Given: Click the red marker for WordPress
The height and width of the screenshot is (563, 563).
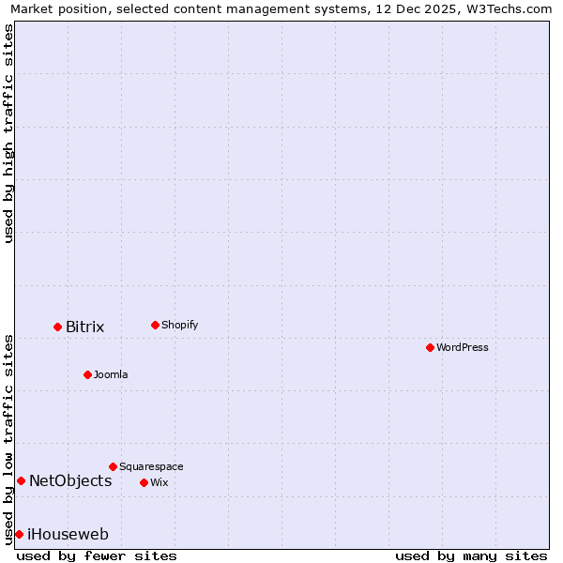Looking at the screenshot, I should point(430,347).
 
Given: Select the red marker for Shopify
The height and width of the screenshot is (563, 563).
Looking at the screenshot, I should point(155,325).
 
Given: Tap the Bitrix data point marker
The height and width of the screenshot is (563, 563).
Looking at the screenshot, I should point(57,327).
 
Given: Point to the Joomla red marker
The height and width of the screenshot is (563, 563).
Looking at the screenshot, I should point(87,374).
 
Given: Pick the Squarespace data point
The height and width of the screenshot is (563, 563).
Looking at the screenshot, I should point(113,466).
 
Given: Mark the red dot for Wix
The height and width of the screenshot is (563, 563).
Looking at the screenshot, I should point(144,482).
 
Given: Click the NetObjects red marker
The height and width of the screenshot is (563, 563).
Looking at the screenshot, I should point(21,481).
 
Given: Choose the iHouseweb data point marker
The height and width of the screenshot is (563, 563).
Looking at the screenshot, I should point(19,534).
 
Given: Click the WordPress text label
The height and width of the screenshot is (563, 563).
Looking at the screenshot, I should point(463,347).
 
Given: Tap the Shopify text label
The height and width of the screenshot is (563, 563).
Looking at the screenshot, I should point(179,325).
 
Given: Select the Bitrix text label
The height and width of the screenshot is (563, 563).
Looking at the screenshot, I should point(84,327).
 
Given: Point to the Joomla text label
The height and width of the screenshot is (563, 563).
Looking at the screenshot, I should point(111,374).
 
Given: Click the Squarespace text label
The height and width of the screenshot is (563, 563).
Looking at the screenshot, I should point(151,466).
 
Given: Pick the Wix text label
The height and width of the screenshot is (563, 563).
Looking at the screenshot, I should point(159,482).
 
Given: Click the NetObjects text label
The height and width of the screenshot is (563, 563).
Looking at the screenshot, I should point(70,481).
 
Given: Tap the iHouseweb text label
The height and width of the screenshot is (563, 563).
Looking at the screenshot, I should point(68,534).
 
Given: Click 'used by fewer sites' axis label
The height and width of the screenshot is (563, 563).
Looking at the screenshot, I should point(97,555).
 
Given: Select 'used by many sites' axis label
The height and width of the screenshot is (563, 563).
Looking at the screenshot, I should point(471,555).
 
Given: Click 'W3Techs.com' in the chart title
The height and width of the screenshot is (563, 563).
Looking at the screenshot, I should point(508,8).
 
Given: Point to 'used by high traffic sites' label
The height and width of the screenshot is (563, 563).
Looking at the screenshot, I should point(8,133).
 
